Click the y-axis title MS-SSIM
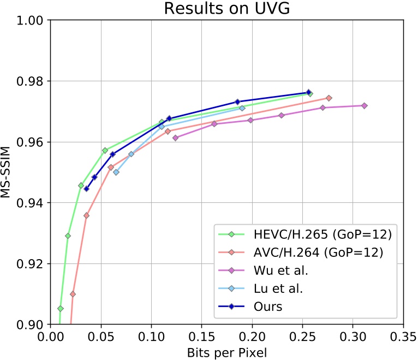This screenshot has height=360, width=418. pyautogui.click(x=7, y=172)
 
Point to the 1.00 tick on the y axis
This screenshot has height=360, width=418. pyautogui.click(x=32, y=20)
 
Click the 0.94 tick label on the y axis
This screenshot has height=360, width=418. pyautogui.click(x=32, y=203)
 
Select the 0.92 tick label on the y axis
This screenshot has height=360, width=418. pyautogui.click(x=32, y=264)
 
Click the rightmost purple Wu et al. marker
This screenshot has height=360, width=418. pyautogui.click(x=364, y=105)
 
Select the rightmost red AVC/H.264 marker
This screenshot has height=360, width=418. pyautogui.click(x=329, y=98)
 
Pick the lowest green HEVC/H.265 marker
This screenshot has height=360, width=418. pyautogui.click(x=60, y=309)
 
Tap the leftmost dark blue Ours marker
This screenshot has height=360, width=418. pyautogui.click(x=86, y=189)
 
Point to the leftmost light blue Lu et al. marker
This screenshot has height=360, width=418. pyautogui.click(x=116, y=172)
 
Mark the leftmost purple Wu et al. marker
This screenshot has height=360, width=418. pyautogui.click(x=175, y=138)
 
